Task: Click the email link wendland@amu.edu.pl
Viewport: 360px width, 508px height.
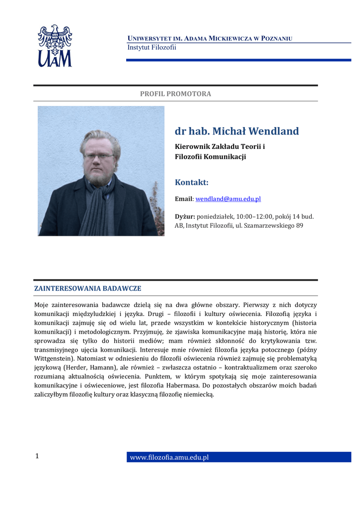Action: (x=228, y=199)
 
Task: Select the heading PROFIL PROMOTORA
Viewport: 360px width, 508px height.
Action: (x=175, y=94)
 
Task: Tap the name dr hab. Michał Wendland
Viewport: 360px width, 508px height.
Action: (x=236, y=131)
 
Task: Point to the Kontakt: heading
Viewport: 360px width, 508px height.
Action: (x=192, y=183)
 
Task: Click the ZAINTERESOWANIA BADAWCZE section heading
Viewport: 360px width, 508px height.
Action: (x=87, y=288)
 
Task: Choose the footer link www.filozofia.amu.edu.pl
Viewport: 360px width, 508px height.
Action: (x=169, y=457)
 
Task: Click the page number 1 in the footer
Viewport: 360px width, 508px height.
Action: (x=37, y=456)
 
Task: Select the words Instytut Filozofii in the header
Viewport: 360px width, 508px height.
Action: (x=152, y=48)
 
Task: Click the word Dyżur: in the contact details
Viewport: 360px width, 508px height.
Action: (x=185, y=217)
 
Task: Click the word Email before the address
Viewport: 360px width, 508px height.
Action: (x=183, y=199)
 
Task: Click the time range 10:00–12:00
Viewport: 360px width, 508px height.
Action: (x=249, y=217)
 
